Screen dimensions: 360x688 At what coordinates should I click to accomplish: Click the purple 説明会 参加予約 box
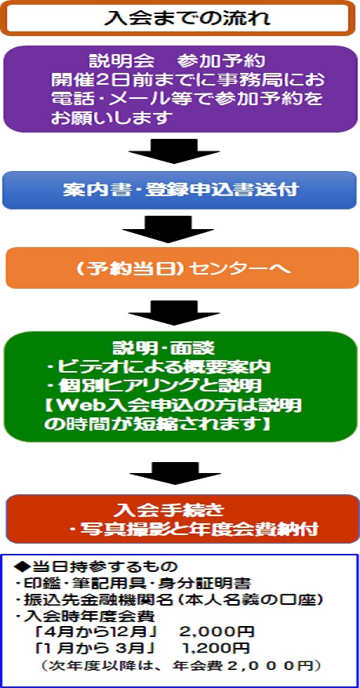(x=180, y=89)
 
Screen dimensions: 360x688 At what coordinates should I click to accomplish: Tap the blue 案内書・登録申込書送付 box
(x=180, y=190)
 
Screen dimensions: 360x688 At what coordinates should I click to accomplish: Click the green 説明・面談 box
(x=180, y=386)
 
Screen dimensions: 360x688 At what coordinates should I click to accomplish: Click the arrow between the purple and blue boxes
(x=173, y=151)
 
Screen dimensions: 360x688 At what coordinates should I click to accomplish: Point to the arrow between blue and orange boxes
(x=168, y=229)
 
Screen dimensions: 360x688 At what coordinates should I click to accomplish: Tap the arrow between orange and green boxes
(x=173, y=313)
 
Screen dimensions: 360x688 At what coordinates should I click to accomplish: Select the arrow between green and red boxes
(x=175, y=472)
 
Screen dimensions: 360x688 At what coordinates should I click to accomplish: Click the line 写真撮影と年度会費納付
(x=194, y=530)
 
